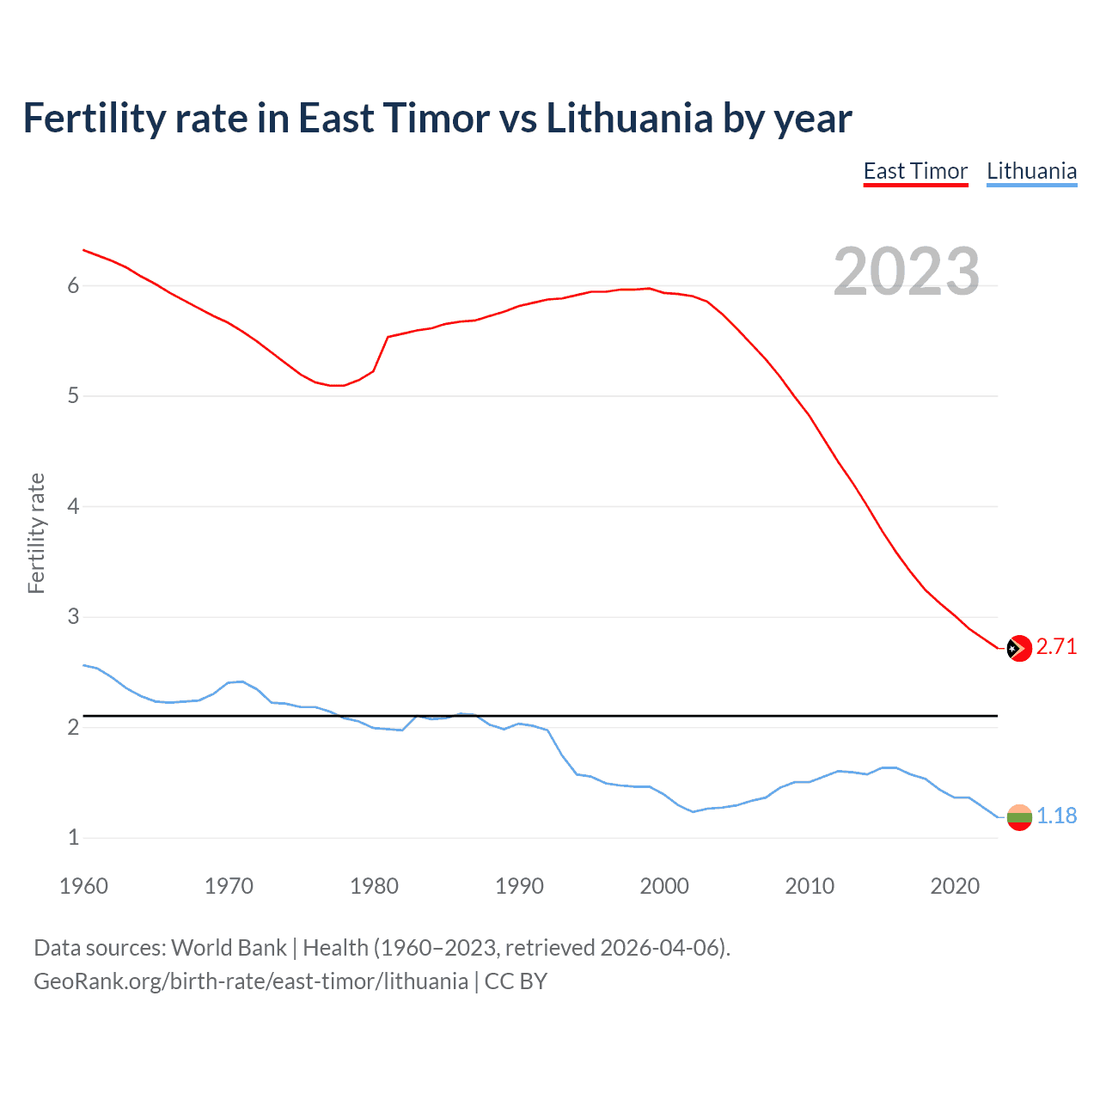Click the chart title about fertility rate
437,118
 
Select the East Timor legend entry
915,171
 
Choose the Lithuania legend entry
1031,171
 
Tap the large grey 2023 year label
907,272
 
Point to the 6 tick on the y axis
73,286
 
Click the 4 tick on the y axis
73,506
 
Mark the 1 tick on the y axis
73,837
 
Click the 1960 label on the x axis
83,886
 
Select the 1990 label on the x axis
519,886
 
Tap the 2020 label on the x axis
955,886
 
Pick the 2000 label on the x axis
664,886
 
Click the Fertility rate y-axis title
36,533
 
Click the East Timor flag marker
1018,648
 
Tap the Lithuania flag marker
1018,817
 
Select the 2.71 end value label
1056,647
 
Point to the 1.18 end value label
1056,816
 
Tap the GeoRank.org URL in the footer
250,981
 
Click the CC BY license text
516,981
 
